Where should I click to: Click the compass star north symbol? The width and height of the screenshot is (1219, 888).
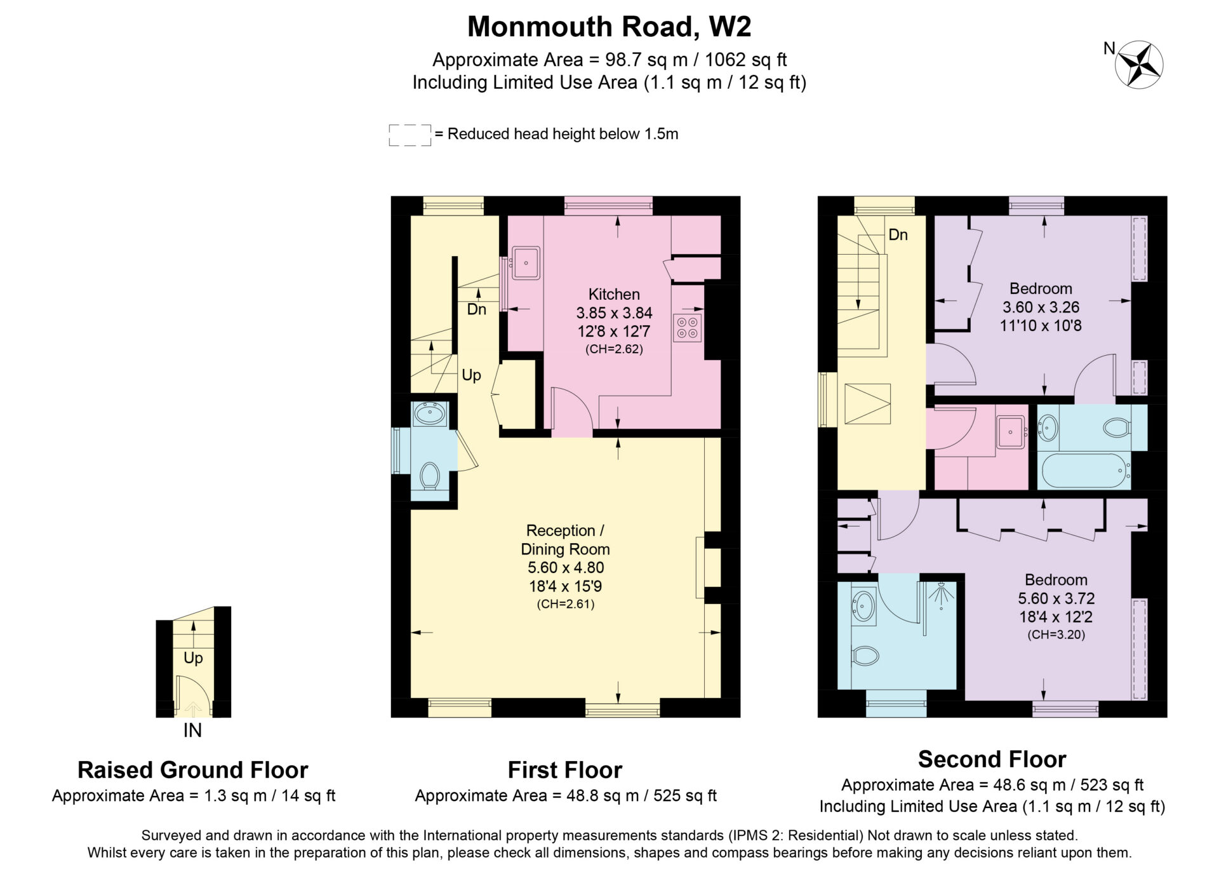coord(1139,64)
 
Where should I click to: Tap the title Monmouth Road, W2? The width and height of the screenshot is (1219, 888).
coord(609,27)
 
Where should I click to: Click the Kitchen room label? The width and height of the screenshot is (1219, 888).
coord(614,294)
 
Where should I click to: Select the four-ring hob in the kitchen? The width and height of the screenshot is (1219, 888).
coord(688,327)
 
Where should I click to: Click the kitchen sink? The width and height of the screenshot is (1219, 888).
coord(526,263)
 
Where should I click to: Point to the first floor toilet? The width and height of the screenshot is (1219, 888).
coord(430,476)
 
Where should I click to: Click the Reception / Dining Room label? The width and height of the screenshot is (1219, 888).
coord(565,540)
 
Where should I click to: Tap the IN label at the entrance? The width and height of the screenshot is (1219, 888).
coord(192,730)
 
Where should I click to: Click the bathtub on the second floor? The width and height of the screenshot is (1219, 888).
coord(1084,471)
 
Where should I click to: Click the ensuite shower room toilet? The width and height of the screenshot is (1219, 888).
coord(864,656)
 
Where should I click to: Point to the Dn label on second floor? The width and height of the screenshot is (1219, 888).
coord(898,235)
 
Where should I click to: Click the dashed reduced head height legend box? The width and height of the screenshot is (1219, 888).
coord(410,135)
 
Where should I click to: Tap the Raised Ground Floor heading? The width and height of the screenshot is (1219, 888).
coord(192,770)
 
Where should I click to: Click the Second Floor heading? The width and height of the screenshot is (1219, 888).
coord(992,759)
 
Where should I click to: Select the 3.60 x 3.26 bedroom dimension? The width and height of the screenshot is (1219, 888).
coord(1041,307)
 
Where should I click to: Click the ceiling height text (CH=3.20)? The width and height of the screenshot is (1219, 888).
coord(1056,635)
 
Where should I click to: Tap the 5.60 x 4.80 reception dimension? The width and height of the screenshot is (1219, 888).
coord(566,568)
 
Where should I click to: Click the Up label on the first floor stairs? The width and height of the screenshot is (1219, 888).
coord(471,375)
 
